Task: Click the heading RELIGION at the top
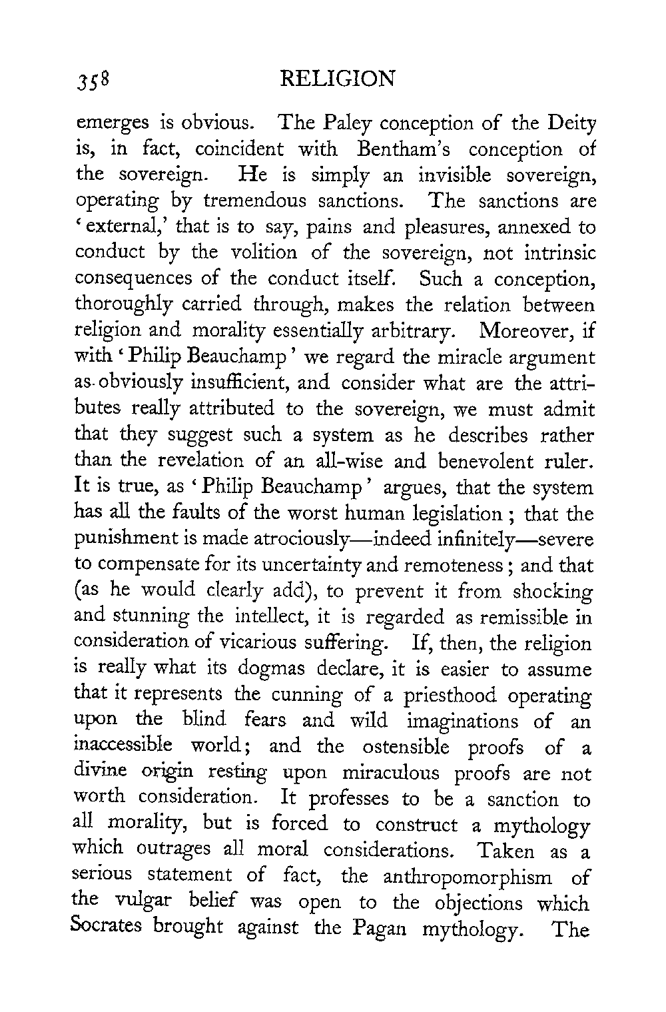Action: coord(338,80)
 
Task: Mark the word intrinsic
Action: coord(557,253)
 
